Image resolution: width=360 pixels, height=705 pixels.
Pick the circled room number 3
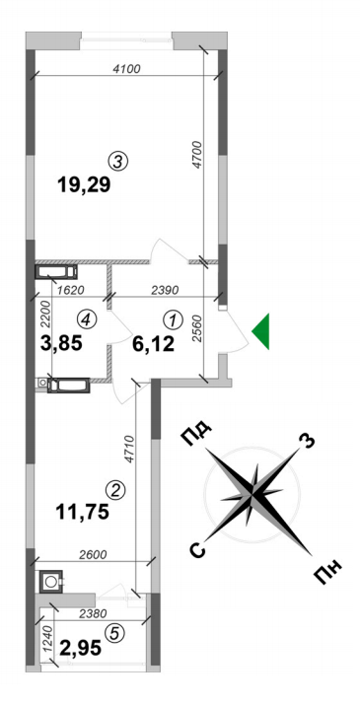[119, 160]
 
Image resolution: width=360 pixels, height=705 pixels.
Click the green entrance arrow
[261, 331]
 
